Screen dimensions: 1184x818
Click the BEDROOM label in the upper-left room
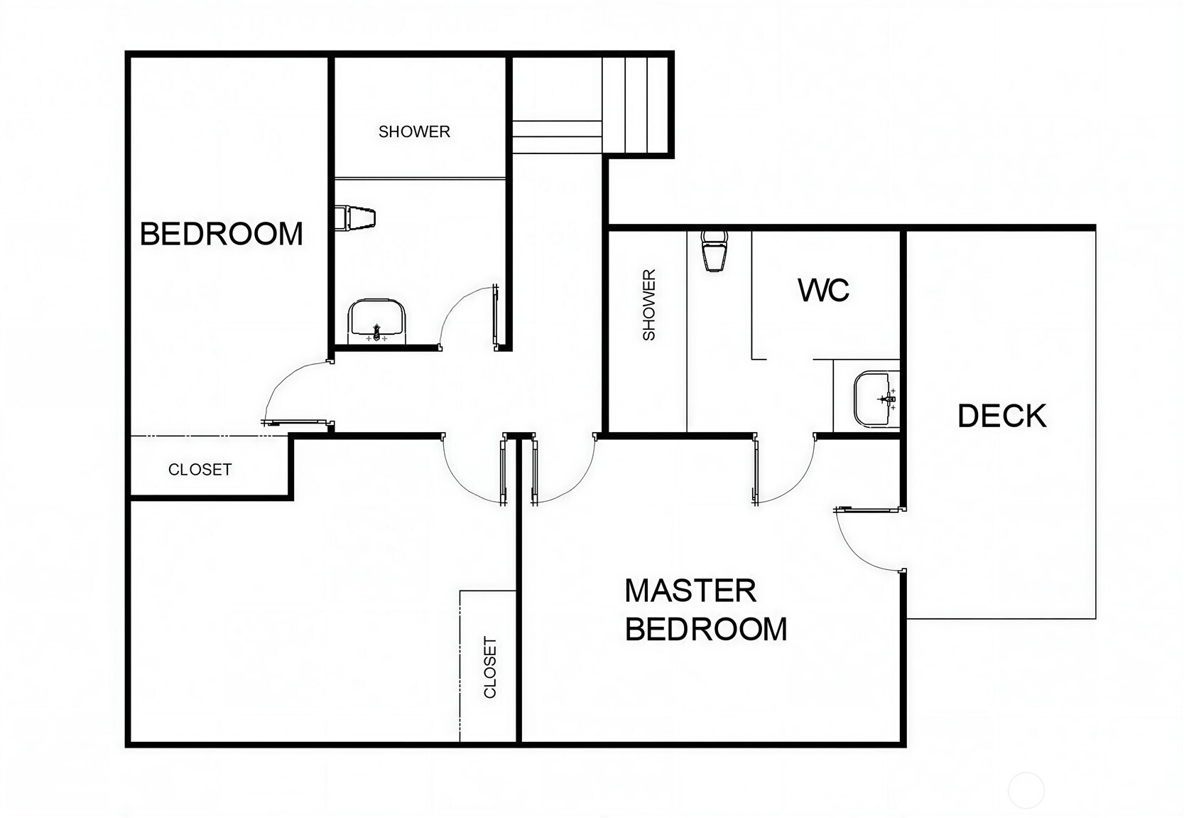pyautogui.click(x=221, y=234)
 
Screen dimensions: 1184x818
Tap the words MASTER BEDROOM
pyautogui.click(x=706, y=610)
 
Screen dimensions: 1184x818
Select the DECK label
pyautogui.click(x=1001, y=416)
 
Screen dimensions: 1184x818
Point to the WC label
pyautogui.click(x=823, y=290)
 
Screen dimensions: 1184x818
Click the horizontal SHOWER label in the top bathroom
pyautogui.click(x=414, y=131)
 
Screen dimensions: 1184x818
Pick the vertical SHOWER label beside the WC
pyautogui.click(x=648, y=305)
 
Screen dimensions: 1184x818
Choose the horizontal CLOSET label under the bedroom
pyautogui.click(x=200, y=470)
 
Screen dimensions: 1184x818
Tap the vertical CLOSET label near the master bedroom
pyautogui.click(x=490, y=667)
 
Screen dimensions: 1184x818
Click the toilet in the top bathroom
pyautogui.click(x=355, y=218)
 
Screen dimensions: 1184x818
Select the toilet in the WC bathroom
pyautogui.click(x=714, y=251)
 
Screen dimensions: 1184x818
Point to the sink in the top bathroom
pyautogui.click(x=376, y=321)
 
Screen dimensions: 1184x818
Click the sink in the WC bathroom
pyautogui.click(x=876, y=399)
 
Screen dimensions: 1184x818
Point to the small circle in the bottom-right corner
pyautogui.click(x=1026, y=790)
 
